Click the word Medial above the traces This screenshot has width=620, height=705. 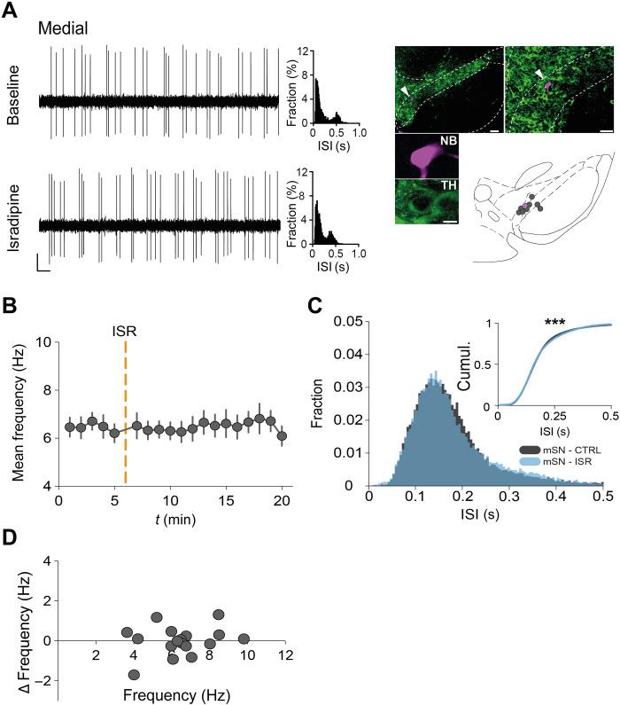click(62, 28)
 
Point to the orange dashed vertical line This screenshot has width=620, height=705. click(126, 390)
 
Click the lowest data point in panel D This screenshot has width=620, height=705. click(135, 675)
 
